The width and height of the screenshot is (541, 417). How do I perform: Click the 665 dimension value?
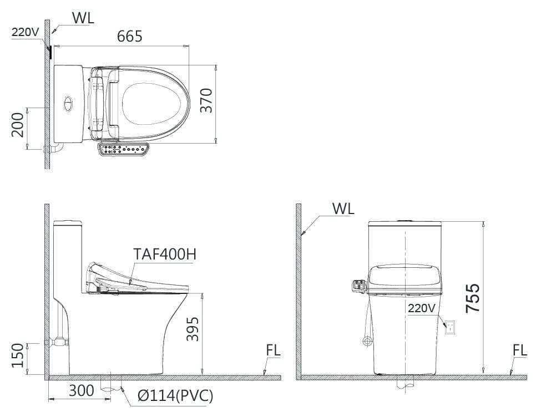(130, 37)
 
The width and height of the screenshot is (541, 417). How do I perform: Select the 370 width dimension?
(206, 100)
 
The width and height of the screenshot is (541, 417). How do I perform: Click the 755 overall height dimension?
(472, 298)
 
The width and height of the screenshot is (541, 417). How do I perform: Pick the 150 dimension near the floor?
(18, 355)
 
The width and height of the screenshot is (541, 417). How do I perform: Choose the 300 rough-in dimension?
(81, 391)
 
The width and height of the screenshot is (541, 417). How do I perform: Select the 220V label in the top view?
(25, 32)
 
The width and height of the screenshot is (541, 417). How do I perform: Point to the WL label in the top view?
(83, 17)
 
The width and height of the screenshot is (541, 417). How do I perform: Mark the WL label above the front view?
(343, 209)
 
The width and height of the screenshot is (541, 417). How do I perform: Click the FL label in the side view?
(273, 350)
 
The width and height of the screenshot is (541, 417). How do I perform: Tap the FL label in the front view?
(520, 350)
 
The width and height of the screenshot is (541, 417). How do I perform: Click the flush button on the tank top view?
(68, 103)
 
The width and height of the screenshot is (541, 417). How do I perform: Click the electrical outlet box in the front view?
(451, 327)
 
